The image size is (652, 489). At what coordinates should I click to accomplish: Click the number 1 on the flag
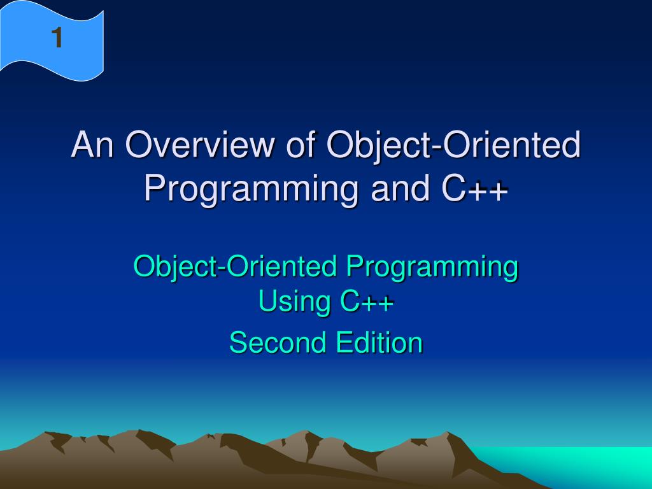pos(57,38)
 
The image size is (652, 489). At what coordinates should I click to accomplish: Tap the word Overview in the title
pos(199,145)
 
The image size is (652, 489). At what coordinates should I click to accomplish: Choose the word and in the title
pos(400,188)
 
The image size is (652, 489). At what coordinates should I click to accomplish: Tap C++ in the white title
pos(474,188)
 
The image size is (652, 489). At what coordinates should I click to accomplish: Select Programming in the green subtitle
pos(432,268)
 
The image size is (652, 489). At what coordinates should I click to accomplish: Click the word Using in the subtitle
pos(294,301)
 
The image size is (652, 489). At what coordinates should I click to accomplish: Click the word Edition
pos(379,342)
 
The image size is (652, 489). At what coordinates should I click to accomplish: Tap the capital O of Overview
pos(137,145)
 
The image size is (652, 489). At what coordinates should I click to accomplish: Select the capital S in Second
pos(238,343)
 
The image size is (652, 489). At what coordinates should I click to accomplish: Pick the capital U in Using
pos(268,301)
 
